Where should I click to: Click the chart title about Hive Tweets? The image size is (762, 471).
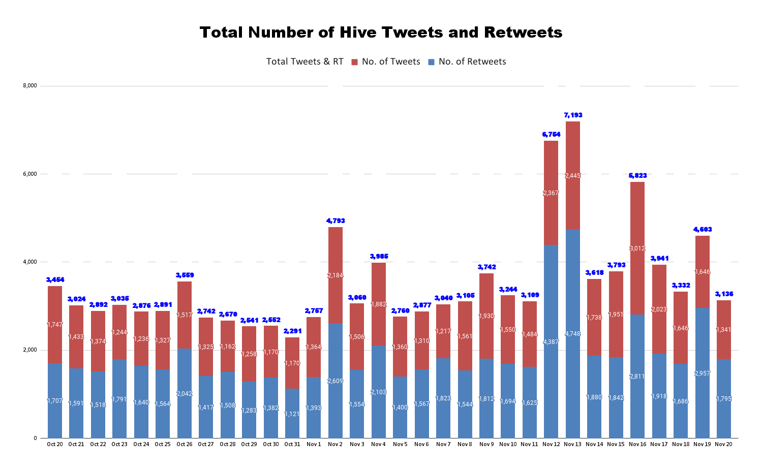point(381,33)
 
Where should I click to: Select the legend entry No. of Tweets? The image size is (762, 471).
point(390,61)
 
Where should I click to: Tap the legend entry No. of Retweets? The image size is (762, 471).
point(472,61)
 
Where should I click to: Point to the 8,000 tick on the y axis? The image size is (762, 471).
point(30,85)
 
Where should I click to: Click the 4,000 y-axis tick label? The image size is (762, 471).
point(30,262)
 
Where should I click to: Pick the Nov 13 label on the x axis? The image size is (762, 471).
point(572,445)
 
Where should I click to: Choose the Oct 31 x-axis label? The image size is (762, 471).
point(292,445)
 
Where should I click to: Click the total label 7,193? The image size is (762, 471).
point(573,115)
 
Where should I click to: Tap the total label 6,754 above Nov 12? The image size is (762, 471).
point(551,135)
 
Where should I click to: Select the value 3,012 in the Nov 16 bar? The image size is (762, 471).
point(637,248)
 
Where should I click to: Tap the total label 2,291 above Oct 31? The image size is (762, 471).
point(292,331)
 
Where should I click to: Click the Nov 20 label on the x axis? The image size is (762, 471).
point(723,445)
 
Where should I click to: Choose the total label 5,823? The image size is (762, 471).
point(637,176)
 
